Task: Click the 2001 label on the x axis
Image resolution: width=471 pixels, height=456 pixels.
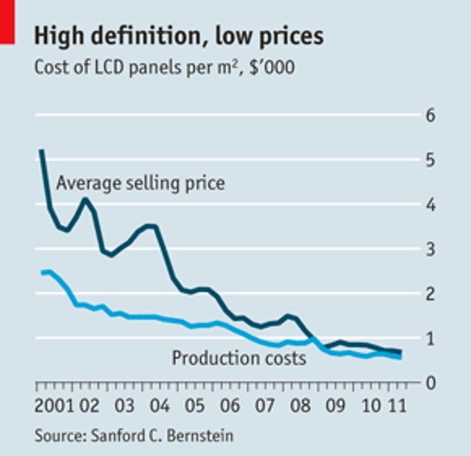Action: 54,406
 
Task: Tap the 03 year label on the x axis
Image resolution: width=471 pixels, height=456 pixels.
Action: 124,406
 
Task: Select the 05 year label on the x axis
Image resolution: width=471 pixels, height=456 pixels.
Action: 194,406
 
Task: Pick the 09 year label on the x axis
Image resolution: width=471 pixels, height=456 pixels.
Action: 336,406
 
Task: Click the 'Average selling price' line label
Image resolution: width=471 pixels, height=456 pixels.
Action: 141,182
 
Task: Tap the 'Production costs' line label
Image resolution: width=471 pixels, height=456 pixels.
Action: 238,359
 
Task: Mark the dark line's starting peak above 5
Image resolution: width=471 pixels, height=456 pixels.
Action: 41,151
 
